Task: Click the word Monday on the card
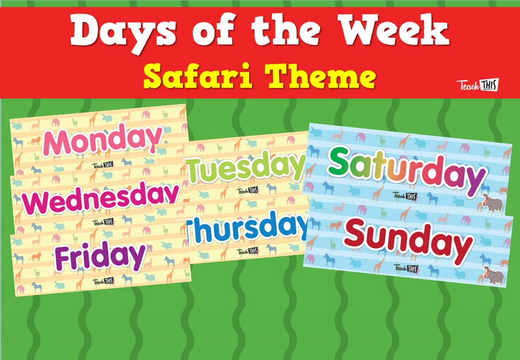[x=102, y=139]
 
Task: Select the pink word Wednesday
[x=102, y=198]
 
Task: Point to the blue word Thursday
[x=246, y=229]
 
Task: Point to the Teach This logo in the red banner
[x=477, y=85]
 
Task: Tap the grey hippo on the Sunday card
[x=493, y=276]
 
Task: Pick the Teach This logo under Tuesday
[x=246, y=191]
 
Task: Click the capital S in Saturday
[x=341, y=162]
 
